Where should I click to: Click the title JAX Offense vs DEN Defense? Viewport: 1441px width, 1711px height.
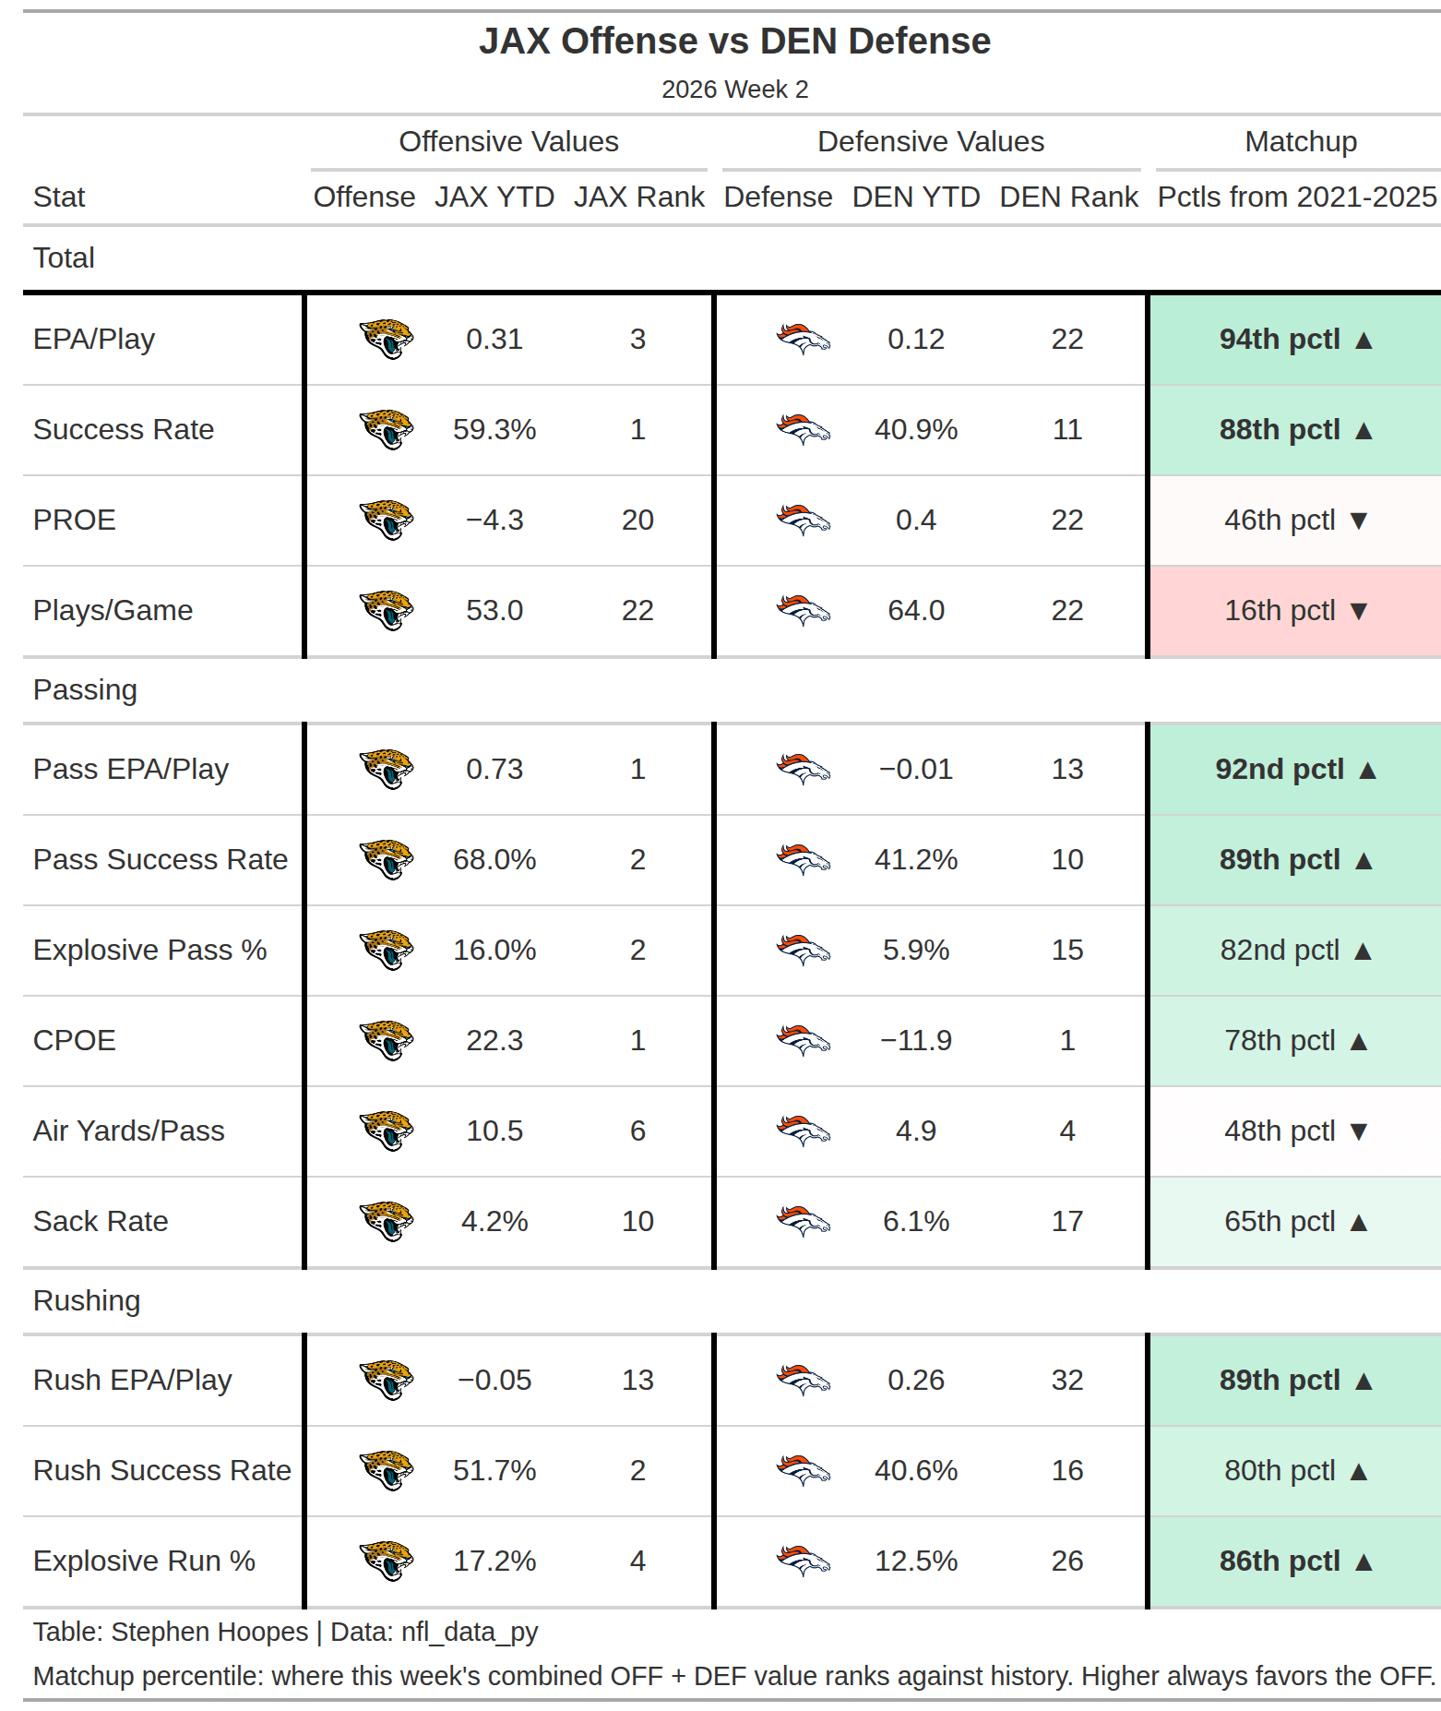pos(734,42)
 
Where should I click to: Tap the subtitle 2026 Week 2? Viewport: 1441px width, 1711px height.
pos(734,90)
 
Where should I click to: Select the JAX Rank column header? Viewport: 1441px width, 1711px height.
pos(638,197)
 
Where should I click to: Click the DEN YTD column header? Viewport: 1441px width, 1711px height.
pos(916,197)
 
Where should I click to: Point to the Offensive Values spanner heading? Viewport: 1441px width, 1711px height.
pos(508,141)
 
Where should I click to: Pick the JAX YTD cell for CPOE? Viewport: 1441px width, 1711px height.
pos(494,1040)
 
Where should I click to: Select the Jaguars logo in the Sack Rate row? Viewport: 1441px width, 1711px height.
pos(387,1221)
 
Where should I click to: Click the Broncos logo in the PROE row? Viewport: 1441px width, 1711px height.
pos(804,520)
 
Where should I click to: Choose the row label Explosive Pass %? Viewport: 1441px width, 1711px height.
pos(149,950)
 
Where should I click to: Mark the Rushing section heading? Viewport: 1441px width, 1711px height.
pos(87,1300)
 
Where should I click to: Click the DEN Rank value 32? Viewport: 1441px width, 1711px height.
pos(1067,1380)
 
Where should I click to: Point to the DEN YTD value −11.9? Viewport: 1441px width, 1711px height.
pos(916,1040)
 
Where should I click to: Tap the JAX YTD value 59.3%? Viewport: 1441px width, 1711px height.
pos(494,429)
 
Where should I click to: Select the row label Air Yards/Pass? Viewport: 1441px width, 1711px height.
pos(129,1131)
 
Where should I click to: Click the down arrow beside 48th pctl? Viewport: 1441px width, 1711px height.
pos(1358,1131)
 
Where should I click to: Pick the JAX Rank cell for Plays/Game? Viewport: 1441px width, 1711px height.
pos(637,610)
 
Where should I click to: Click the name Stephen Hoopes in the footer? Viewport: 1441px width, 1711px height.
pos(209,1632)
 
